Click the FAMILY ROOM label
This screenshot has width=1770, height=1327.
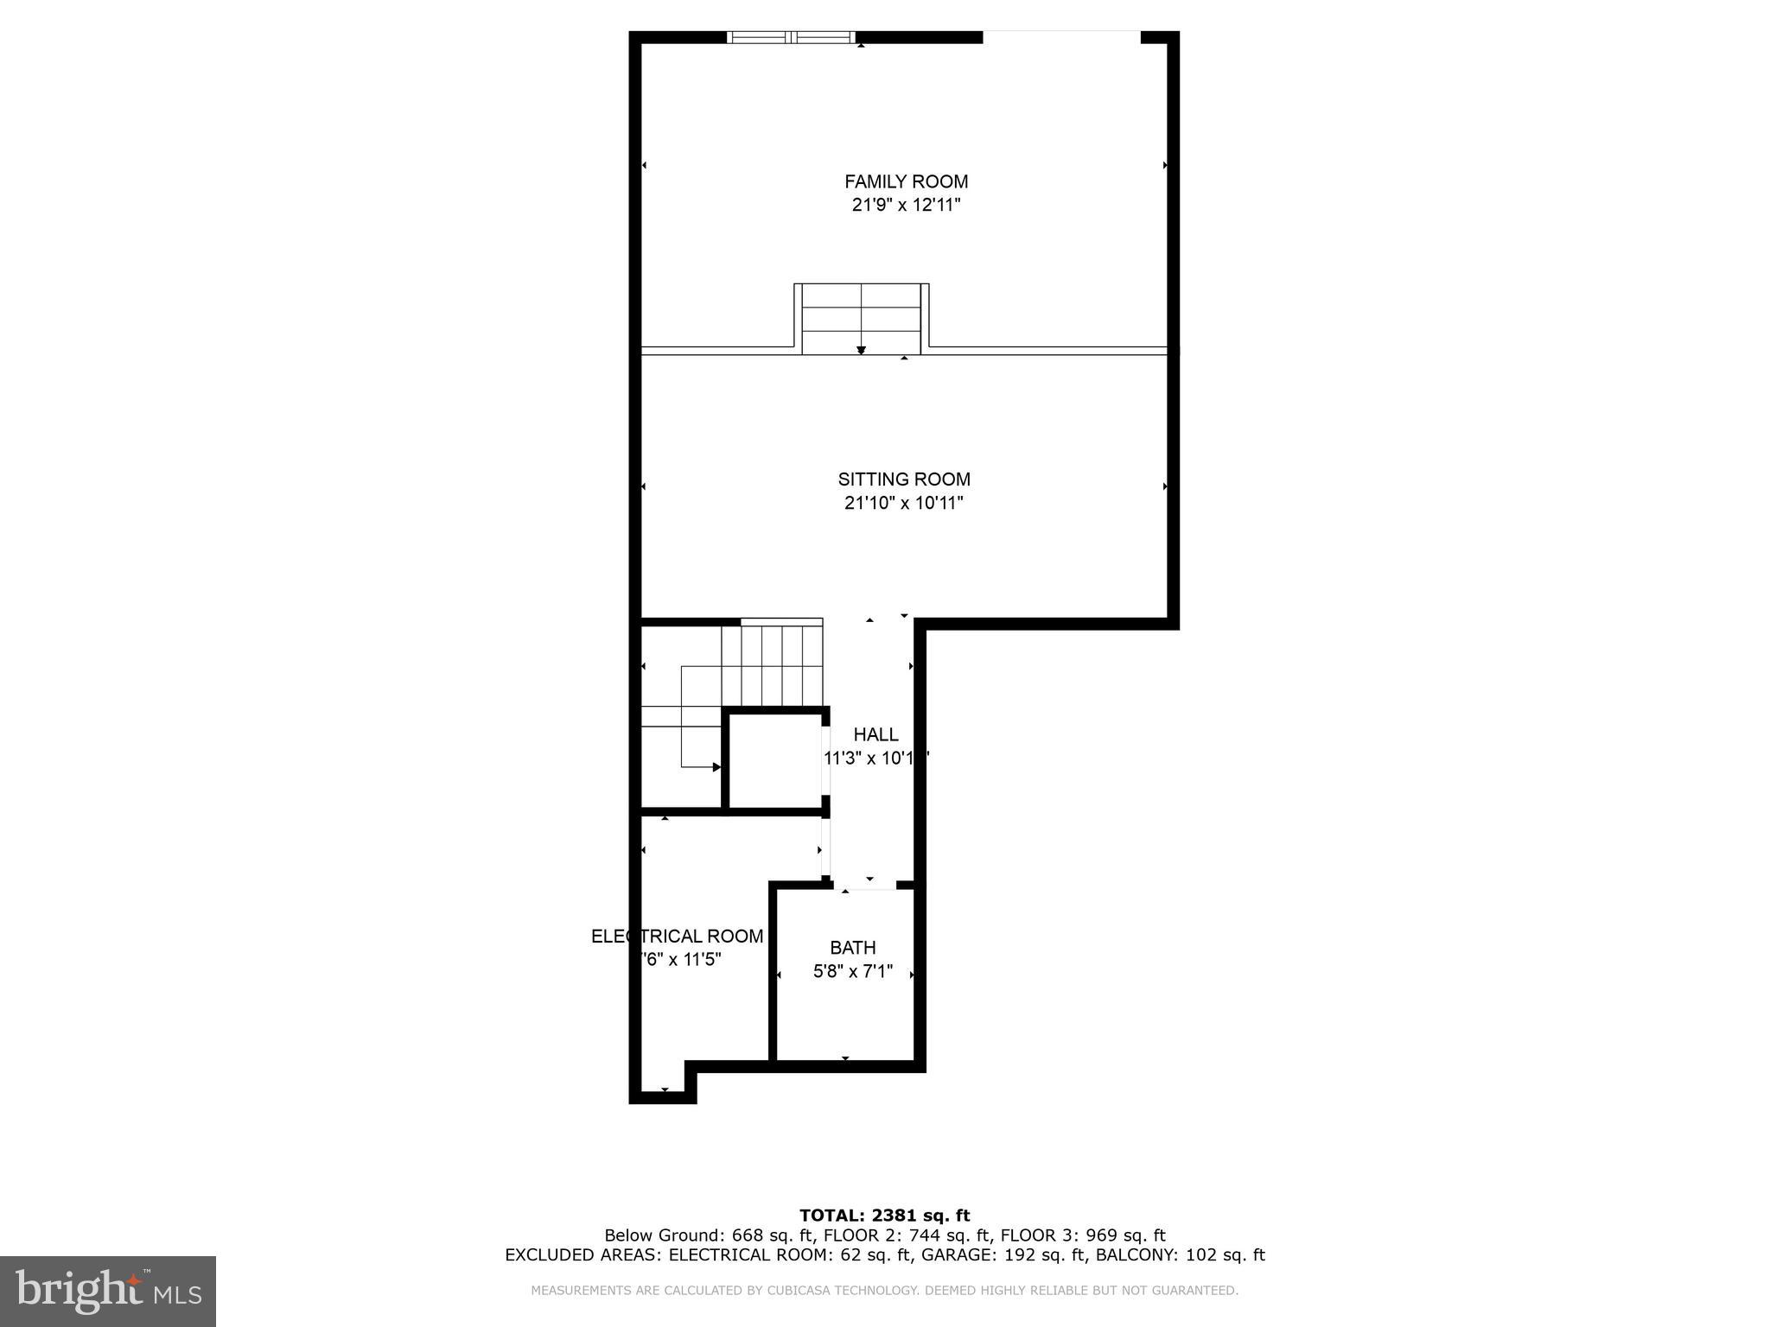[906, 181]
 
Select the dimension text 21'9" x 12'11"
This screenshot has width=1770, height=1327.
[906, 206]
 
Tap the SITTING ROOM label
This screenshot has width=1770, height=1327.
[904, 479]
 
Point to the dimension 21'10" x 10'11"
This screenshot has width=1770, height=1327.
[904, 503]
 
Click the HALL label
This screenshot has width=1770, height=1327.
[875, 734]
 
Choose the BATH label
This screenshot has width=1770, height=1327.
[853, 948]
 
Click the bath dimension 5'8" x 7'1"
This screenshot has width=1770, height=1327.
[853, 972]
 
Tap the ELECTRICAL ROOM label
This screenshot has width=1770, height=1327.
[677, 937]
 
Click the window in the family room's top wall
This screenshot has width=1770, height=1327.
[791, 37]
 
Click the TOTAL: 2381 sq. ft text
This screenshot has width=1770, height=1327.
[884, 1216]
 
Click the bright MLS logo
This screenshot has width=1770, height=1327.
[107, 1291]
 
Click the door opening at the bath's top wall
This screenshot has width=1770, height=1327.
[864, 885]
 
